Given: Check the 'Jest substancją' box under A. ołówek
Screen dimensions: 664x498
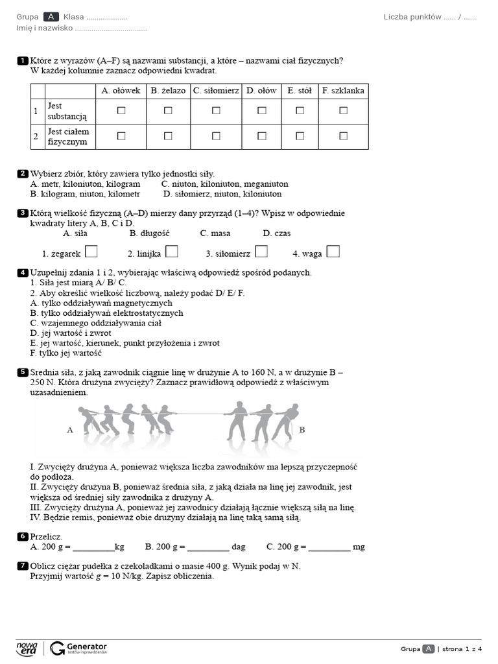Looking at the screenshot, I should click(x=121, y=111).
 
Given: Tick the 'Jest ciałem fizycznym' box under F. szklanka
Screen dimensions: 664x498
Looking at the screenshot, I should click(x=343, y=136).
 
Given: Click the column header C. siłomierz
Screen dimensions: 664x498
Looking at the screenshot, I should click(x=216, y=91).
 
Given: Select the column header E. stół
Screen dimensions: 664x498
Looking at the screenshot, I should click(x=300, y=91).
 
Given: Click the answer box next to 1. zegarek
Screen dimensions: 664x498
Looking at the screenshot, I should click(x=91, y=252).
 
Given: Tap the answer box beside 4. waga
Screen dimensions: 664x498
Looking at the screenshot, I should click(x=333, y=252).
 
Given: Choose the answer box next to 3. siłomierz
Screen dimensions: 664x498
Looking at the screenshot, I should click(x=261, y=252).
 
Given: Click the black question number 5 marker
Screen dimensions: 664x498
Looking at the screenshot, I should click(x=23, y=372).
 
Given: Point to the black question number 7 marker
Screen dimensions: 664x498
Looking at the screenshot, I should click(x=23, y=566).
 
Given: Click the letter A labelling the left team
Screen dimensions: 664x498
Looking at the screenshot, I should click(x=70, y=429).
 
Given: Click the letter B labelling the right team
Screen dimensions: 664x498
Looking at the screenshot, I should click(x=302, y=429).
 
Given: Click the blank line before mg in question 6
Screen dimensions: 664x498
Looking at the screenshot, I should click(x=329, y=547).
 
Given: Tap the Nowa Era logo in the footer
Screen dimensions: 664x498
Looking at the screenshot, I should click(x=27, y=648).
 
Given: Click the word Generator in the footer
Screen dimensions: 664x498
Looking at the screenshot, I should click(x=86, y=646).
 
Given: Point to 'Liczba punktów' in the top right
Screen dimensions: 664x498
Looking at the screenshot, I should click(x=412, y=17).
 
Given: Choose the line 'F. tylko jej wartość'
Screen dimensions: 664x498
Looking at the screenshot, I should click(x=65, y=353).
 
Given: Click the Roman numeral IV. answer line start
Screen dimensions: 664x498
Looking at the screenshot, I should click(x=36, y=517).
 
